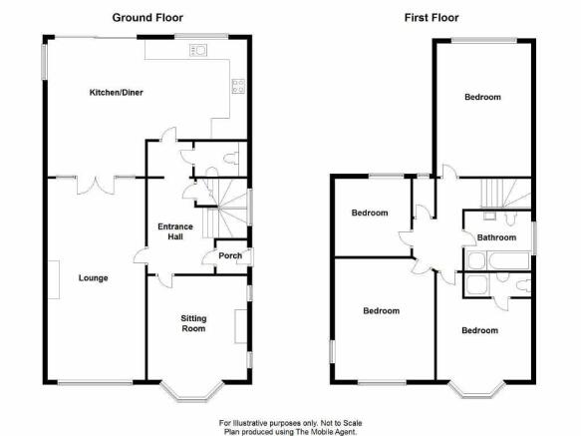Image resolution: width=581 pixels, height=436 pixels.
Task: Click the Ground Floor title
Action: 147,18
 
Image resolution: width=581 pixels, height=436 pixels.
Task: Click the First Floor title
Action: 432,18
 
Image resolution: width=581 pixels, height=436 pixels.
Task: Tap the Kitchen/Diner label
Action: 116,93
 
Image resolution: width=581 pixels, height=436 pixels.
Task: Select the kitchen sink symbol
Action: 198,50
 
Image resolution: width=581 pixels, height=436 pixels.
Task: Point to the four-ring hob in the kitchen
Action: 238,86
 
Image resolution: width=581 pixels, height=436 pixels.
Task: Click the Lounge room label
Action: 93,278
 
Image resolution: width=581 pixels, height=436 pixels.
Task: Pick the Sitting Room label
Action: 193,323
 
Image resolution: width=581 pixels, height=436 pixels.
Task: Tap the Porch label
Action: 230,255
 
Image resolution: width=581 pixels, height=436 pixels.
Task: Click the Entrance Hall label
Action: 175,231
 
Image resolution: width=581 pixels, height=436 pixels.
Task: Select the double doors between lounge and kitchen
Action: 96,186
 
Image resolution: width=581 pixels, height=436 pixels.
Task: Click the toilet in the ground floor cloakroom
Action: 231,159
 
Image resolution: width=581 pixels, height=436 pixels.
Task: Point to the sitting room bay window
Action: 193,391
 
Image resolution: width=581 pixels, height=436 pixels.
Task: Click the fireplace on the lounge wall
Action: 54,279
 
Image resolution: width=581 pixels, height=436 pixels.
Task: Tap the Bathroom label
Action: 496,237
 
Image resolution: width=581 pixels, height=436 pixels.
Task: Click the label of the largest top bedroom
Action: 482,97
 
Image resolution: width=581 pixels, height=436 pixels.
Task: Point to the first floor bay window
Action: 476,389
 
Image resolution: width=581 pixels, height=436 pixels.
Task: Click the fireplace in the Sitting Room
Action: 241,326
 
